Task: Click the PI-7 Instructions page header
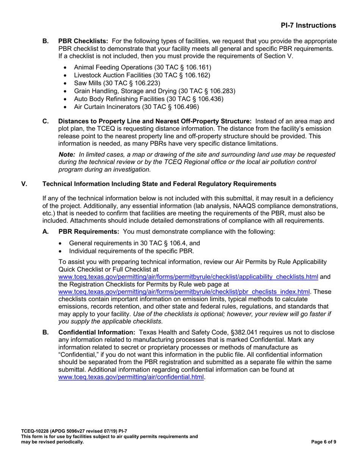tap(308, 25)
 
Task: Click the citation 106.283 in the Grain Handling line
tap(223, 91)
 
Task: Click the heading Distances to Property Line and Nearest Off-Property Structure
tap(155, 121)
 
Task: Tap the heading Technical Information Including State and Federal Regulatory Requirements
tap(159, 184)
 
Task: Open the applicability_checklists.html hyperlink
tap(188, 277)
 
